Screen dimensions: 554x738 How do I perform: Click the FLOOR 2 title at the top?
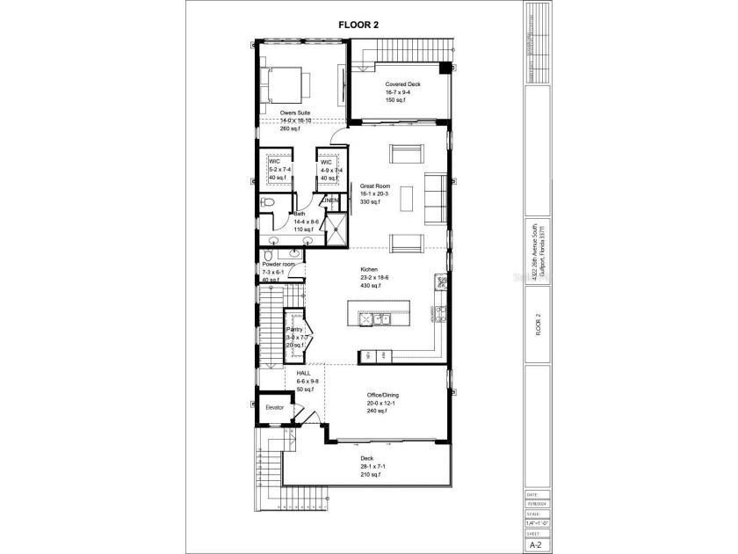click(x=358, y=25)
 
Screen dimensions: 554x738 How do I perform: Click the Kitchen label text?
click(x=369, y=269)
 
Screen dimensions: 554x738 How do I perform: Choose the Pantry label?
click(x=295, y=330)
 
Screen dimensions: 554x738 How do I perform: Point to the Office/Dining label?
click(x=386, y=395)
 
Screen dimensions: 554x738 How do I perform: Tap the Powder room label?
click(x=277, y=264)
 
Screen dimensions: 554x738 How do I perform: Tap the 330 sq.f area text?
click(x=369, y=202)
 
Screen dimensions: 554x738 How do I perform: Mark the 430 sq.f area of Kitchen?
click(x=370, y=285)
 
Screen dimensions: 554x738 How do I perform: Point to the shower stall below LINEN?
click(x=335, y=229)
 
